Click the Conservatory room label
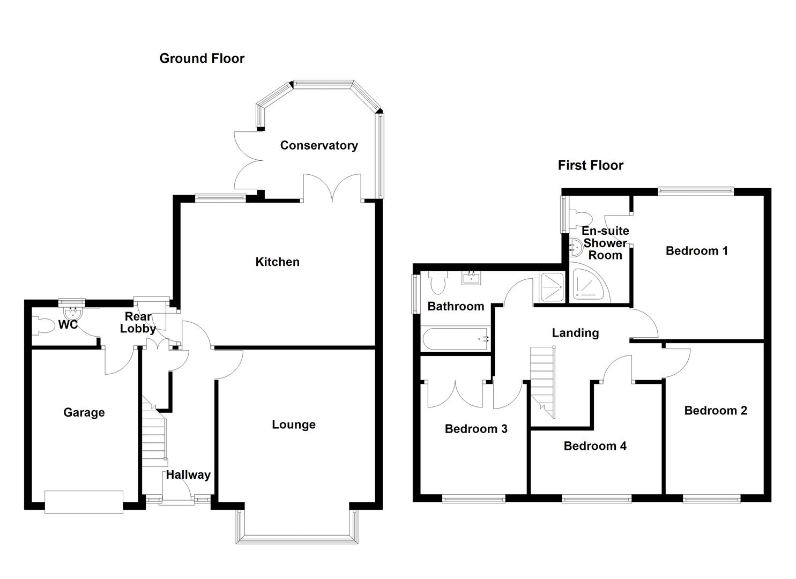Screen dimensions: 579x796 point(318,145)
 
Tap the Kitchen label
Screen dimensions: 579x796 point(277,262)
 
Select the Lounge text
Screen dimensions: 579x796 point(293,425)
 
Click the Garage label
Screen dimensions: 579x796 point(84,412)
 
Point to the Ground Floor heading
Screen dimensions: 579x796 point(202,58)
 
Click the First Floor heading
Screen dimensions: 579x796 point(590,165)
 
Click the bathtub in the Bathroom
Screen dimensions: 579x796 point(456,339)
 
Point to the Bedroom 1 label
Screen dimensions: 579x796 point(696,250)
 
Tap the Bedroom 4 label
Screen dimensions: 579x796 point(594,446)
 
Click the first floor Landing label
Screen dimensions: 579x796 point(575,333)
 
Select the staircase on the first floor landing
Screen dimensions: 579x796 point(543,381)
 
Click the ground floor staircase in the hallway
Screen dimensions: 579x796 point(154,434)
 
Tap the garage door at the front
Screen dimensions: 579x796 point(84,502)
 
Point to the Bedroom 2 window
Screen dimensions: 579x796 point(711,499)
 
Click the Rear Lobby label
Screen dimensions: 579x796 point(138,322)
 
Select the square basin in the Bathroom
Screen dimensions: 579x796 point(472,278)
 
